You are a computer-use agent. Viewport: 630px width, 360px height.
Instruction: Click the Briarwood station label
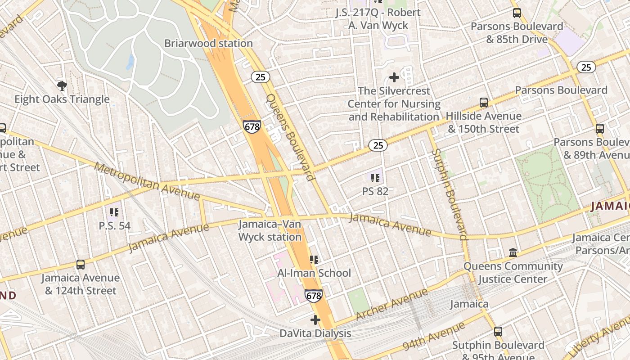click(x=208, y=44)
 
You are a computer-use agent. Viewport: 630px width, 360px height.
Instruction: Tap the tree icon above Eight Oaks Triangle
click(x=62, y=85)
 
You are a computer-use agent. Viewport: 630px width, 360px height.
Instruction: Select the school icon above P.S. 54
click(x=114, y=211)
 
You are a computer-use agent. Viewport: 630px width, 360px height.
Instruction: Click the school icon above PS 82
click(x=375, y=178)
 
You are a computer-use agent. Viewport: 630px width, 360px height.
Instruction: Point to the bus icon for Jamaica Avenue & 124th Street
click(x=81, y=265)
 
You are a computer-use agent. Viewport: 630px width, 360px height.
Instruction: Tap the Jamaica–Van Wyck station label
click(x=270, y=230)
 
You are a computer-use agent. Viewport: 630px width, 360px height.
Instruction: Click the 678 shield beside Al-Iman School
click(x=313, y=296)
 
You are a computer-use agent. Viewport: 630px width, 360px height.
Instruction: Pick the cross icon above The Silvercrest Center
click(x=394, y=77)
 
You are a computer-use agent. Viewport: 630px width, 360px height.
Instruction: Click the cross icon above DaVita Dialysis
click(x=315, y=320)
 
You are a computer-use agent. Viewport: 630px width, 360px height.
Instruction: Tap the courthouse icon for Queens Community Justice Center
click(x=513, y=252)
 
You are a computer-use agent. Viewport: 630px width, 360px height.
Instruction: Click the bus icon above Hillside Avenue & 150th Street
click(x=484, y=102)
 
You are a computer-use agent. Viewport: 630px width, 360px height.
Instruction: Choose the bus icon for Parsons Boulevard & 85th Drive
click(x=517, y=13)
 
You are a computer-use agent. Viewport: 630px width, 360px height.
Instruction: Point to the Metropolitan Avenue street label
click(x=148, y=181)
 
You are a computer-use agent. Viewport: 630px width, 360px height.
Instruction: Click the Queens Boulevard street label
click(x=290, y=137)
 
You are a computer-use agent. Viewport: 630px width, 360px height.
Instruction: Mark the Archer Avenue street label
click(x=391, y=305)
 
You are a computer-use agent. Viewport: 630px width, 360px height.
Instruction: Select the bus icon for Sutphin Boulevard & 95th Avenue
click(x=498, y=332)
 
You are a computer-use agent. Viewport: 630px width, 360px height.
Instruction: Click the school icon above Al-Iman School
click(x=314, y=259)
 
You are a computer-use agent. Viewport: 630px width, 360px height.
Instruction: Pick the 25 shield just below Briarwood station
click(x=260, y=77)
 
